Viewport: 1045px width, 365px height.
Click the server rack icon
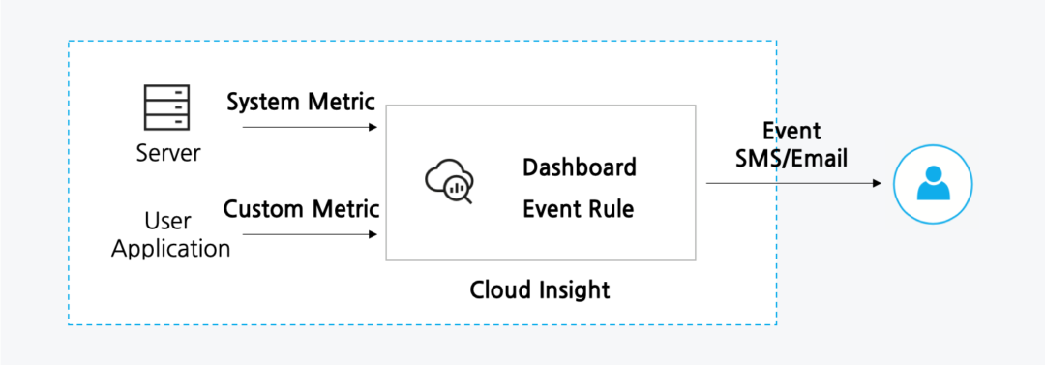click(x=167, y=107)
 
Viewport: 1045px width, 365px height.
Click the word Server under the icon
click(x=168, y=153)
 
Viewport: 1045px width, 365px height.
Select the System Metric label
click(x=301, y=102)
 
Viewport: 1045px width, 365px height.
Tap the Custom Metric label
click(x=301, y=208)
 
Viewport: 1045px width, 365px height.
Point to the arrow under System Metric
click(x=309, y=127)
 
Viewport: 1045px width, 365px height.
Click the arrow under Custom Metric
click(x=309, y=234)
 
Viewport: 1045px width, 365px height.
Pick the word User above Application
click(x=167, y=222)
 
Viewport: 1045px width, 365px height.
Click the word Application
click(x=171, y=249)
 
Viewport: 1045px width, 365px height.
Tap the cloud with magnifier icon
click(x=448, y=182)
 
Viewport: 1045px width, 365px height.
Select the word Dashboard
click(x=580, y=167)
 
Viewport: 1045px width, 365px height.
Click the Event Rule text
click(x=579, y=208)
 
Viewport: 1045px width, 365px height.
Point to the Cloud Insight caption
click(x=540, y=289)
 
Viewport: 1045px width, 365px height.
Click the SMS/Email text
click(x=791, y=158)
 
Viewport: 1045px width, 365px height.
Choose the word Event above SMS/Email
click(x=791, y=132)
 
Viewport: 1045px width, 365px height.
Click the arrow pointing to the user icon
click(x=793, y=183)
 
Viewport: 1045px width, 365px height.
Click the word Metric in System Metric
click(x=342, y=102)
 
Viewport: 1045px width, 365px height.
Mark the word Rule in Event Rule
click(x=612, y=208)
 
